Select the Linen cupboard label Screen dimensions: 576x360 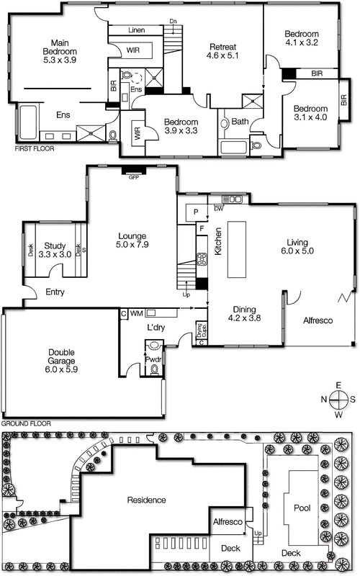click(x=137, y=30)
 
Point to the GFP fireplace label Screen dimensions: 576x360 click(x=133, y=176)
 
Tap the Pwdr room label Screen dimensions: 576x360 click(x=153, y=357)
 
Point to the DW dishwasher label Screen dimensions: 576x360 click(x=219, y=209)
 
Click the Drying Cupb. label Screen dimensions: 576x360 click(x=202, y=332)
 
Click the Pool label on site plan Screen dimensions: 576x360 click(x=302, y=507)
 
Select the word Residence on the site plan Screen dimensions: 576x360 click(x=147, y=500)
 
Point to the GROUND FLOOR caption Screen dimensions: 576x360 click(x=27, y=424)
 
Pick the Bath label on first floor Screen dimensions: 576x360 click(x=240, y=122)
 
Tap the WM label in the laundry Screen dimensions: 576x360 click(x=138, y=313)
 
